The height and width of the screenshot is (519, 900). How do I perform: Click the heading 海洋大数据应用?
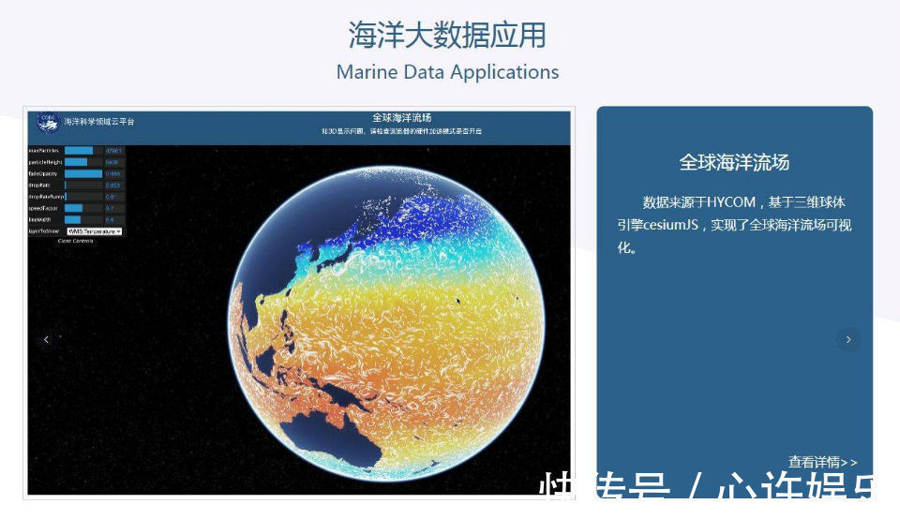(x=447, y=35)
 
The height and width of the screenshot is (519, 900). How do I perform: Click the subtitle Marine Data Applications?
(x=447, y=72)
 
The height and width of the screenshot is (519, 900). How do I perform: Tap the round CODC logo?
(x=46, y=122)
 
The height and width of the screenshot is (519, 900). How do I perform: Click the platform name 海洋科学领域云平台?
(x=99, y=122)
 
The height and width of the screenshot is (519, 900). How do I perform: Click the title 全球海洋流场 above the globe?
(x=401, y=118)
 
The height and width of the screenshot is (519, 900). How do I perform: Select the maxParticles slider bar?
(x=80, y=150)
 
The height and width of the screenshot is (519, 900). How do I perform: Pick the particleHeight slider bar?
(x=77, y=162)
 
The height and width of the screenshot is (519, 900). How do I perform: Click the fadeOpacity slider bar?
(x=83, y=173)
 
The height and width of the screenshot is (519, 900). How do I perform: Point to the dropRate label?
(x=44, y=185)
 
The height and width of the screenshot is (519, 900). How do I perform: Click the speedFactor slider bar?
(x=74, y=208)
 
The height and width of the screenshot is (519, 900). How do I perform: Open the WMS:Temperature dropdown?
(x=95, y=230)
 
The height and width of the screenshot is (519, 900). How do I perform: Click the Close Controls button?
(x=76, y=241)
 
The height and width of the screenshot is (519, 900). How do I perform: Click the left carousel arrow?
(x=46, y=339)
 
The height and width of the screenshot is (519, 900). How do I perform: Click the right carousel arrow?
(x=848, y=339)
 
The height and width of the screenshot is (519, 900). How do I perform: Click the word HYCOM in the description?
(x=732, y=202)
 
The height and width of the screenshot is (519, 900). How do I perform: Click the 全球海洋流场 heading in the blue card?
(x=734, y=163)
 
